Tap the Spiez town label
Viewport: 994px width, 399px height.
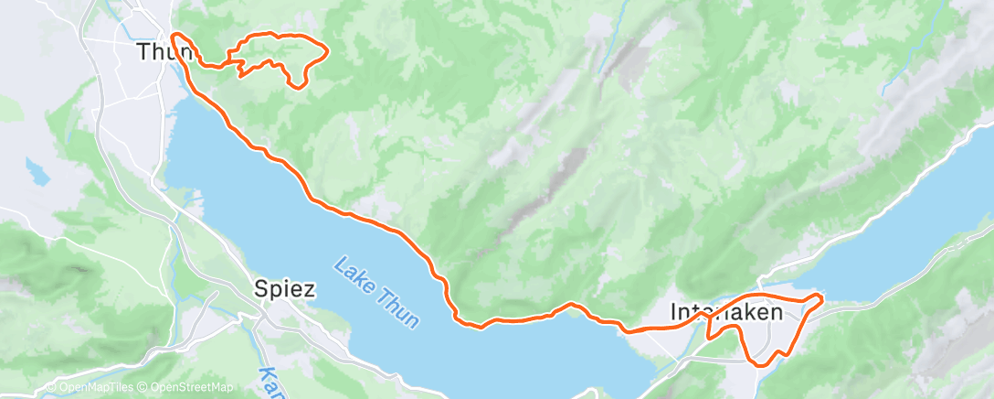coord(285,290)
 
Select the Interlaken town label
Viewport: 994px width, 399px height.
coord(725,311)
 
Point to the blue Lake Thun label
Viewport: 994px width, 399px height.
coord(376,292)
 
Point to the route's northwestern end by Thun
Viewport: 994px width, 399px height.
coord(172,35)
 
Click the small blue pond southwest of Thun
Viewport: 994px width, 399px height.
coord(37,168)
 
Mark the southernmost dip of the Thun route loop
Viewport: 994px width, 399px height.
coord(298,86)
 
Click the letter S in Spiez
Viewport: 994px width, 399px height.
coord(259,290)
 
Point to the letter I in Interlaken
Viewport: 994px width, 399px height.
coord(674,311)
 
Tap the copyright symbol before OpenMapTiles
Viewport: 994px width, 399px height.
coord(51,387)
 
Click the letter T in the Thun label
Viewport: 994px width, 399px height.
coord(143,51)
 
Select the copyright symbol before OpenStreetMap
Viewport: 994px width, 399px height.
coord(143,387)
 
